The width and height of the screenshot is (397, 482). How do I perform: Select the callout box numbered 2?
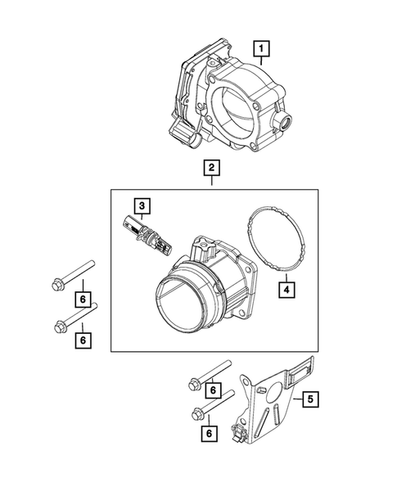211,169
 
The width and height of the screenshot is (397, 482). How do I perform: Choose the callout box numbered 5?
309,400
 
